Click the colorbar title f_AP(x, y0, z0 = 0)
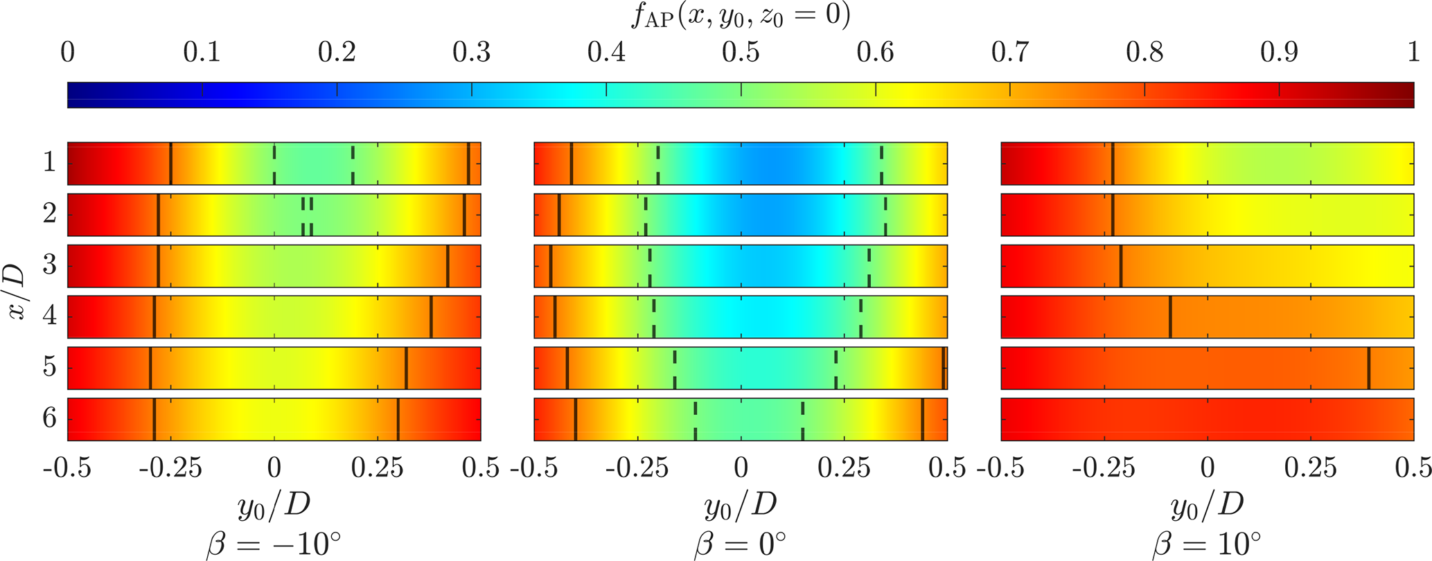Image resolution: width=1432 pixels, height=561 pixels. coord(740,15)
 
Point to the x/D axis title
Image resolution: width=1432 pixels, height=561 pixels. coord(17,291)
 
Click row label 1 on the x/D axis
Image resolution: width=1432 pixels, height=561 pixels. coord(48,163)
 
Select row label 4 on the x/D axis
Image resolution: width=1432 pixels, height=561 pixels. coord(48,317)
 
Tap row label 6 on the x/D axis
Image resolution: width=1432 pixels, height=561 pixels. coord(48,419)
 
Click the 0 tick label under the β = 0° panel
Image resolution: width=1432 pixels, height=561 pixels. coord(741,469)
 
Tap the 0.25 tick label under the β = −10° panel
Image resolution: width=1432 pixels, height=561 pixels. coord(378,469)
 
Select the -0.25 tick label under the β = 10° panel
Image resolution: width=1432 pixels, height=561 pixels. coord(1104,469)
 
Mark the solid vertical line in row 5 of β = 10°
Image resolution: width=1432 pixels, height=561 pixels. coord(1369,368)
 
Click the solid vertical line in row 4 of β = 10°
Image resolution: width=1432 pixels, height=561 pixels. coord(1170,317)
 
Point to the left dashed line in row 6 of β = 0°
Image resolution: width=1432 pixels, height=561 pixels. coord(695,419)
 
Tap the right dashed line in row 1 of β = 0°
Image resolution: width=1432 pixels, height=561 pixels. coord(881,163)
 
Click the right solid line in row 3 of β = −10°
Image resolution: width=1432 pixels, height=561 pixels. coord(448,265)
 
